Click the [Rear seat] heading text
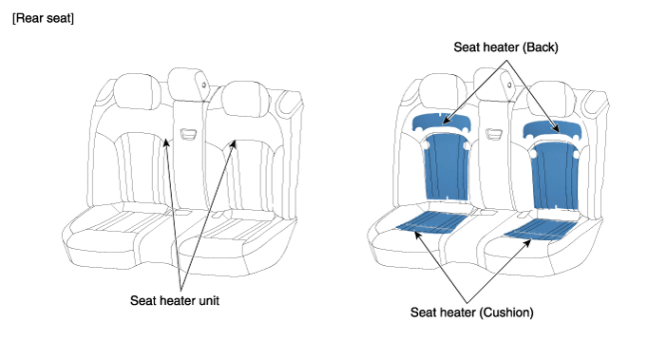[43, 19]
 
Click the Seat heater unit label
[175, 300]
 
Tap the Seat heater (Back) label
[505, 47]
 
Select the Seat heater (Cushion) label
[471, 313]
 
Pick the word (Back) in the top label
[540, 47]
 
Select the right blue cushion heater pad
[541, 229]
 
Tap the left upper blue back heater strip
[442, 123]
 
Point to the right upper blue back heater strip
[552, 129]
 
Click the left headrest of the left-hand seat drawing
[137, 92]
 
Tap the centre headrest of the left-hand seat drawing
[188, 84]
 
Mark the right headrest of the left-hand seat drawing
[245, 99]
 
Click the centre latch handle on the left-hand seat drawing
[188, 134]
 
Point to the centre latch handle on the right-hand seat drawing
[494, 135]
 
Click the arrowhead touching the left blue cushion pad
[417, 235]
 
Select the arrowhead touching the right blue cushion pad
[527, 243]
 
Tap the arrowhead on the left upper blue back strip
[446, 121]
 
